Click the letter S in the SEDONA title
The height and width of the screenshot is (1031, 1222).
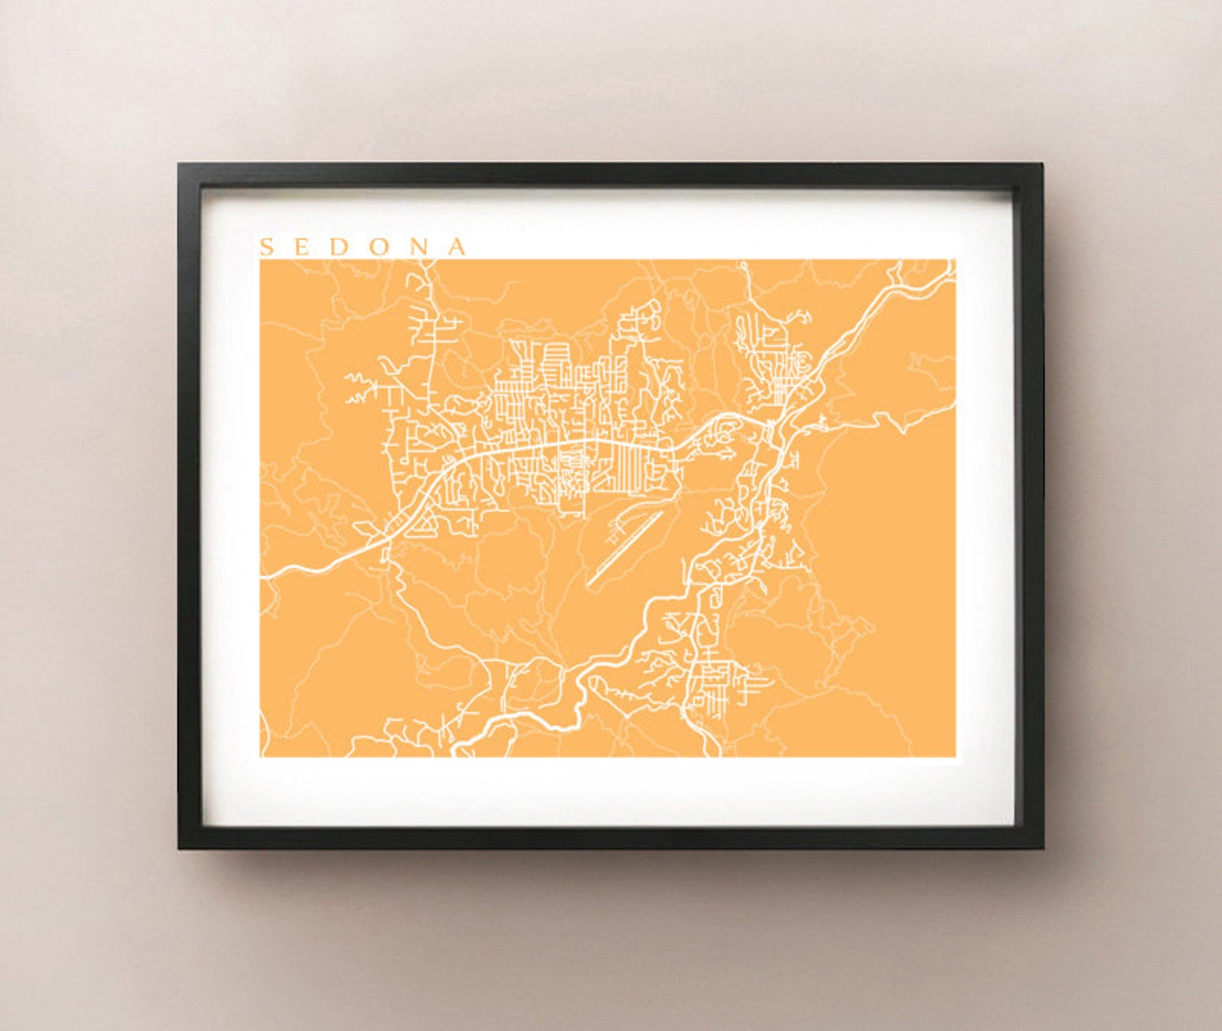point(267,247)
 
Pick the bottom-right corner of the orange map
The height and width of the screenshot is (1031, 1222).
point(954,756)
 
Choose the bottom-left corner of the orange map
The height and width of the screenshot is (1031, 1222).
point(261,756)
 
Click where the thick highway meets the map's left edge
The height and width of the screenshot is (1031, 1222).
point(262,574)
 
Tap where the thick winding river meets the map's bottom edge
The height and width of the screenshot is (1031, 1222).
point(456,753)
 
